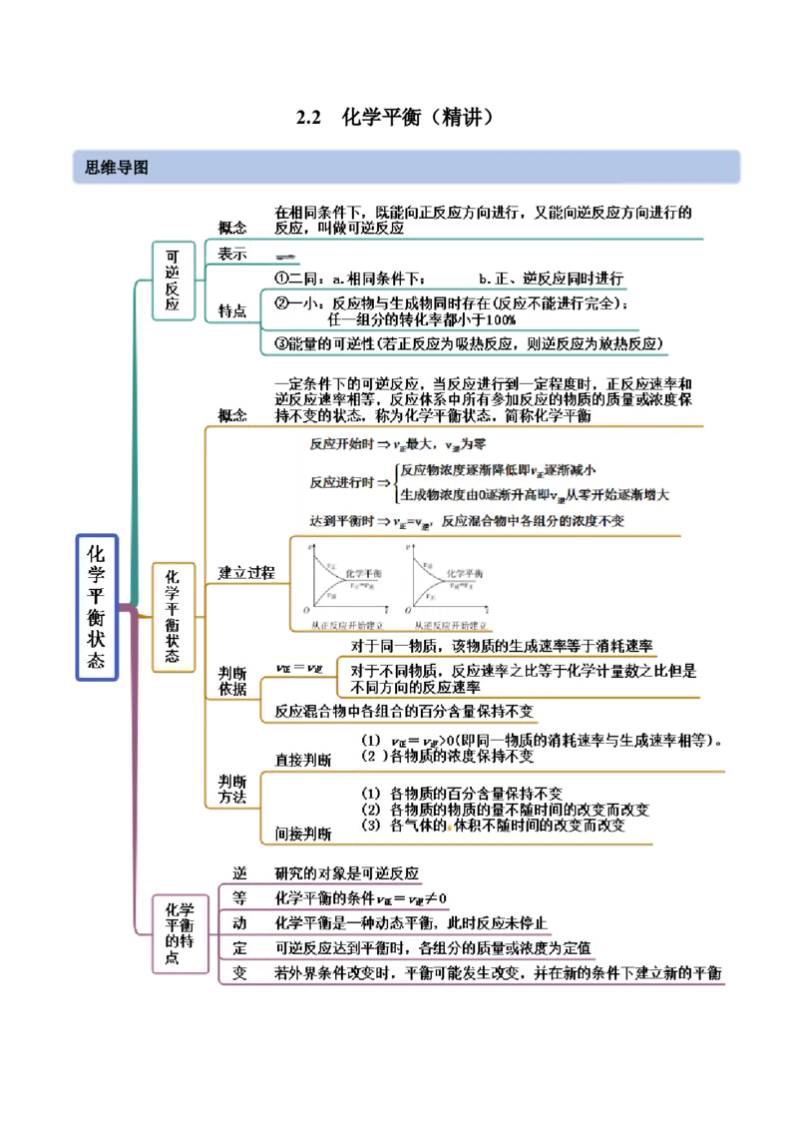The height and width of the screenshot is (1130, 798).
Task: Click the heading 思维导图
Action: click(x=111, y=168)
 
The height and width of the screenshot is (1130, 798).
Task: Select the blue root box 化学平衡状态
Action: click(x=97, y=607)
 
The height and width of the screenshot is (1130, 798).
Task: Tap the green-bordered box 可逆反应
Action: click(x=174, y=280)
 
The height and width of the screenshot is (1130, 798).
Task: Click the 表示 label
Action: click(x=232, y=255)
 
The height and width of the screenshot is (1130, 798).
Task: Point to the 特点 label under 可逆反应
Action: click(x=232, y=311)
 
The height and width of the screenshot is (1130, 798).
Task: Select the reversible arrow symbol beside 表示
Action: click(x=285, y=256)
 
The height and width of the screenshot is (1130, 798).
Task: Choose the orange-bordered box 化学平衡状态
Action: click(x=173, y=617)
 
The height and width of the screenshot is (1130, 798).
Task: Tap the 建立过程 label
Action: click(x=246, y=572)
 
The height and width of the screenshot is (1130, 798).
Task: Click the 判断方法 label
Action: click(x=232, y=788)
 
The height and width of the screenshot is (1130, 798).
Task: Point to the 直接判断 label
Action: click(x=303, y=760)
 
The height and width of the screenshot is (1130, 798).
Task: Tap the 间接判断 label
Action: click(x=303, y=833)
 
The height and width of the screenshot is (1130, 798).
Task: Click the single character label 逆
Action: click(x=239, y=871)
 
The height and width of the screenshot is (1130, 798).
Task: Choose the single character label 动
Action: click(x=239, y=922)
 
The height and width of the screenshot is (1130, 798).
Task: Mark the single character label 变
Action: click(x=239, y=972)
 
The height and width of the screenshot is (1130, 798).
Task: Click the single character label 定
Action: click(x=239, y=947)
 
